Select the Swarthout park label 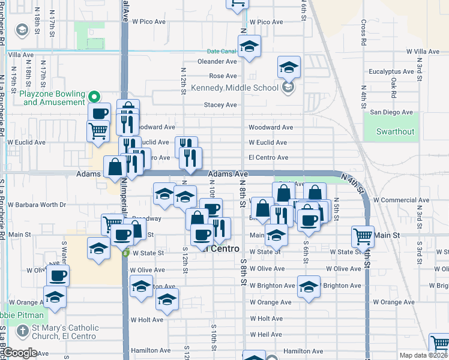pos(395,131)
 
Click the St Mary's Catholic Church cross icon pos(22,331)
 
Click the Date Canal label pos(221,52)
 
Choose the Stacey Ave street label pos(220,105)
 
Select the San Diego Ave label pos(391,112)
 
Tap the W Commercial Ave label pos(400,200)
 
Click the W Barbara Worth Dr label pos(37,205)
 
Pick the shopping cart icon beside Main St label pos(363,236)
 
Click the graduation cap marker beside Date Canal pos(249,46)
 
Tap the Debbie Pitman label pos(22,315)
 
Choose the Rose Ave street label pos(223,76)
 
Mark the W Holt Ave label pos(147,320)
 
